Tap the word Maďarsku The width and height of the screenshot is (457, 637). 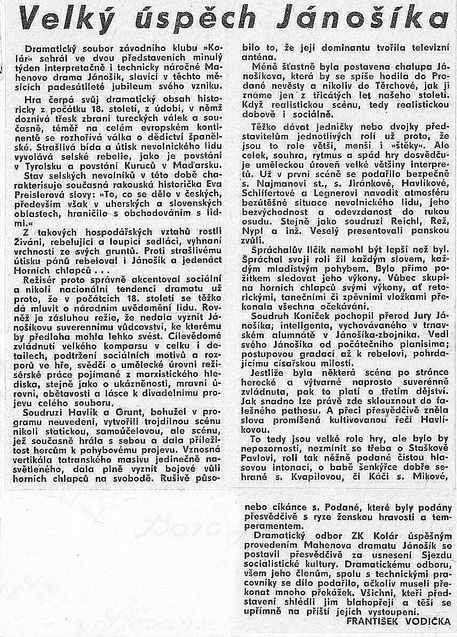coord(201,166)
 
